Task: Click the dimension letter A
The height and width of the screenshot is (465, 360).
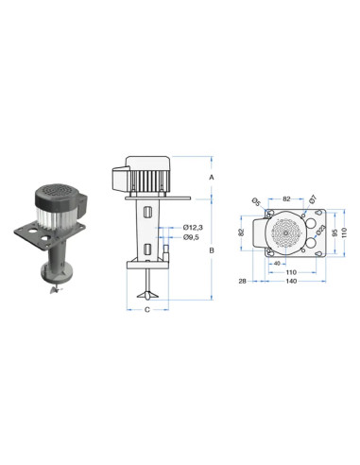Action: coord(212,178)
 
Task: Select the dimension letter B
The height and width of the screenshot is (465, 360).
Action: coord(212,250)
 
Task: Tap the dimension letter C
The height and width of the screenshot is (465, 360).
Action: coord(147,310)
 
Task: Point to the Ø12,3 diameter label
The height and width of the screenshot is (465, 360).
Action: coord(193,227)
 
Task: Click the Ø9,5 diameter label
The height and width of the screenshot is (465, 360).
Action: coord(191,237)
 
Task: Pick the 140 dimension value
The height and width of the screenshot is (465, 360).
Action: coord(291,281)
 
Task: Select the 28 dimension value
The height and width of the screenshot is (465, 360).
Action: coord(242,281)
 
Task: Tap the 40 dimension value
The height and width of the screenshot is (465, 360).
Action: coord(277,264)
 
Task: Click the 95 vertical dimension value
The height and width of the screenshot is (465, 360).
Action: coord(335,232)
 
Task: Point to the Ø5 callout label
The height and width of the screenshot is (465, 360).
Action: coord(256,201)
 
